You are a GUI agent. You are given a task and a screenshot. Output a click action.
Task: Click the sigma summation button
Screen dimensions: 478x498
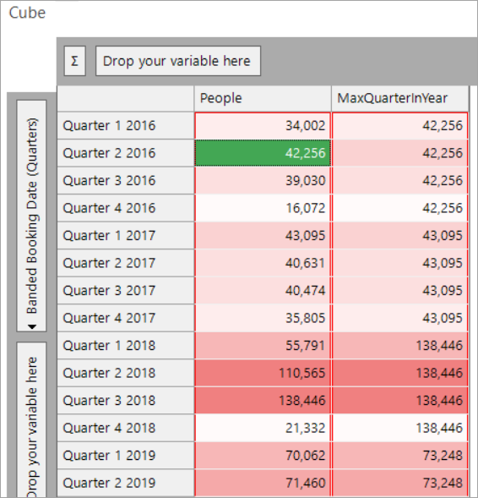(75, 61)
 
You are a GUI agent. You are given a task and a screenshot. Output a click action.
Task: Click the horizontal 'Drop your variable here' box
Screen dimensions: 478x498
(178, 61)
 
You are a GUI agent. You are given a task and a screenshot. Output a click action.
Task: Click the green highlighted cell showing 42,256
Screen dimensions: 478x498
(263, 153)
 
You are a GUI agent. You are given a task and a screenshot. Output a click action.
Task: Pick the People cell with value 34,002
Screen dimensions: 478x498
(263, 125)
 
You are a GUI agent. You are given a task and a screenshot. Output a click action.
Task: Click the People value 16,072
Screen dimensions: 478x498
(263, 208)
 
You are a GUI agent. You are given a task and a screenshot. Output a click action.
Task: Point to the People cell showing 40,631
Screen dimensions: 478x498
(263, 263)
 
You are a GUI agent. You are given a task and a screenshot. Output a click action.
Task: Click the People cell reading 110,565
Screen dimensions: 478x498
(263, 373)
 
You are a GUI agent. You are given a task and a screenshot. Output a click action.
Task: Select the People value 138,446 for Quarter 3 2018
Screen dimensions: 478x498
(263, 401)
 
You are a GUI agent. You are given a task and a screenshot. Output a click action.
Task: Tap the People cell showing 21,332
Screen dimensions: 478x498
(263, 428)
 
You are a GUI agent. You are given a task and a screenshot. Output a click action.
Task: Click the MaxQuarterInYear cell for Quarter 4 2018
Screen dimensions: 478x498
(399, 428)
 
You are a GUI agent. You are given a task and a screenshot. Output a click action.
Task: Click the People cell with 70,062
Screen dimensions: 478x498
(263, 456)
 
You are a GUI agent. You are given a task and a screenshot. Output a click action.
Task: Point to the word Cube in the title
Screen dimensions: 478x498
(27, 13)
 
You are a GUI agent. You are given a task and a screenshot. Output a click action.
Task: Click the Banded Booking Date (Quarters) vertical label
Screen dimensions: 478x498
(32, 216)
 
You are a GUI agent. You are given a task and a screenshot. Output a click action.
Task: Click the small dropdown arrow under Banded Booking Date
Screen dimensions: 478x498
(32, 326)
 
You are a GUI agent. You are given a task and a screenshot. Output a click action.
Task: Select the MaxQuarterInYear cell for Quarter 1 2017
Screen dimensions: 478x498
(399, 236)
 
